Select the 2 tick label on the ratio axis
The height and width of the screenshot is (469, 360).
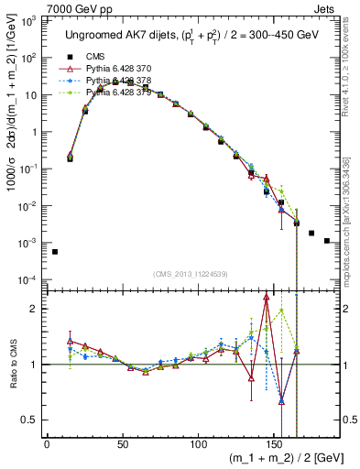pos(36,309)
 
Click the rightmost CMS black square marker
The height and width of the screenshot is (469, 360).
pos(327,241)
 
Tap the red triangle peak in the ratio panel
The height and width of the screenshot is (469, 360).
pos(266,297)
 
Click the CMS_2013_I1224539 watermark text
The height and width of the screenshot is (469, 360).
pos(190,273)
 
